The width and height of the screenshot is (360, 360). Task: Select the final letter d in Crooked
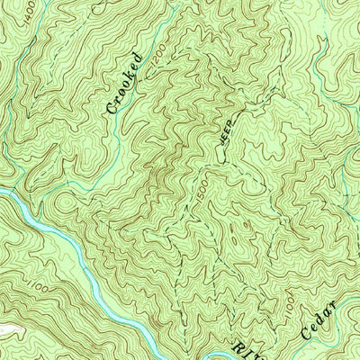(137, 58)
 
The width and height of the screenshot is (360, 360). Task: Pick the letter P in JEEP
(231, 121)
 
